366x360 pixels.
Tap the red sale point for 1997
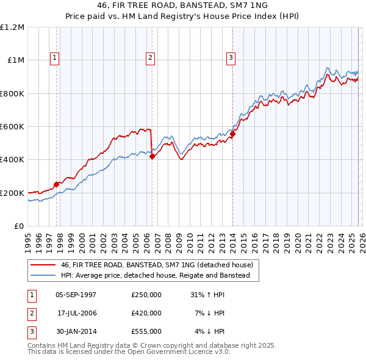[56, 184]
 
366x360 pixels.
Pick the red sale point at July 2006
[151, 156]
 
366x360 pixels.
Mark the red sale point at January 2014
[232, 134]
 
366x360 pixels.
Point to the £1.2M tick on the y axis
[13, 27]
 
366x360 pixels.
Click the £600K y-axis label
[13, 127]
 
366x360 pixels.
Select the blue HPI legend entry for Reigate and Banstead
[156, 276]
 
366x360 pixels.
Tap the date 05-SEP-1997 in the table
[76, 294]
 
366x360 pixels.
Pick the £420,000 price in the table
[146, 313]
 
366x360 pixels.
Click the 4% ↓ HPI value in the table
[209, 332]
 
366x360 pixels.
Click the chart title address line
[182, 5]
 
